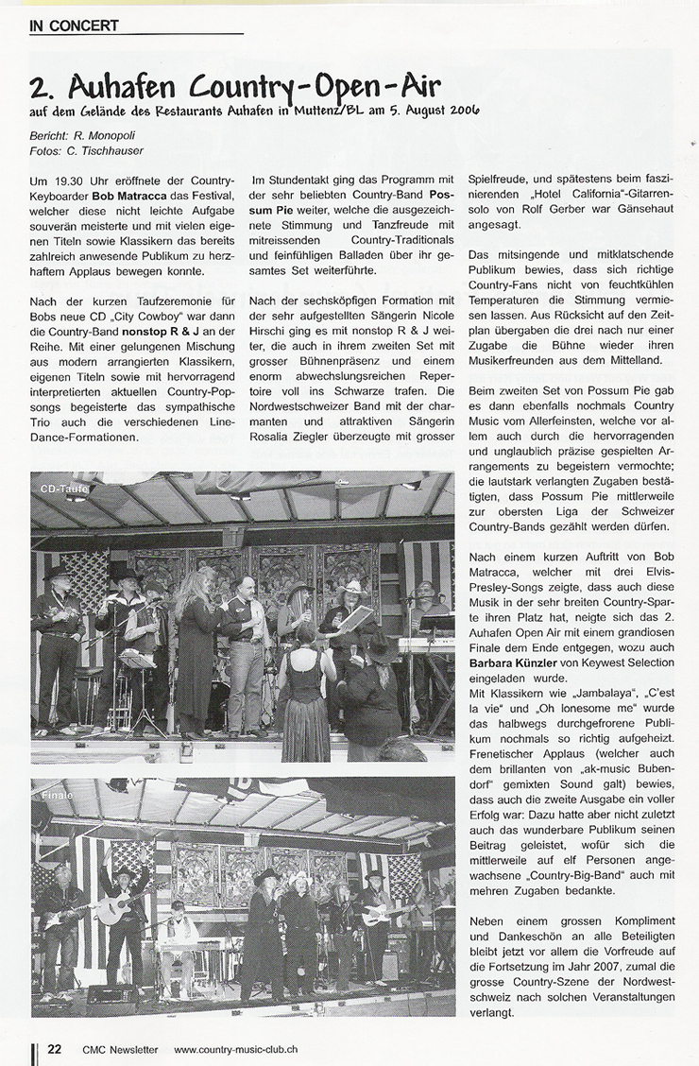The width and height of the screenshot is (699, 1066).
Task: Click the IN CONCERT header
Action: (x=74, y=26)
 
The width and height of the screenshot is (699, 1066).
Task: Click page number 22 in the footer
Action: (x=55, y=1048)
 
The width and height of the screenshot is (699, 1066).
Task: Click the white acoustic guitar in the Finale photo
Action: (x=113, y=909)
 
